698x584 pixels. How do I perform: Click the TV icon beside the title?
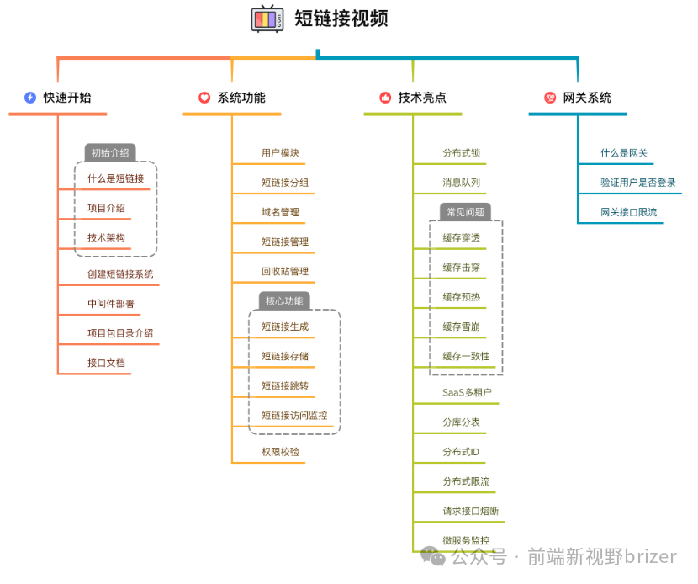[267, 19]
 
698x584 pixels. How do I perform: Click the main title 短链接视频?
[341, 19]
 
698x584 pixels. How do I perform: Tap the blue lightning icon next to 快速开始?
[30, 98]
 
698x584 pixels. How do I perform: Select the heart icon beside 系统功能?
[204, 98]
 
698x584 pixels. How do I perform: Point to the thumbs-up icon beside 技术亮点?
[385, 98]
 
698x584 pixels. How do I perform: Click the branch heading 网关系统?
[587, 98]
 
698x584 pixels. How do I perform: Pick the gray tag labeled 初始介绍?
[110, 153]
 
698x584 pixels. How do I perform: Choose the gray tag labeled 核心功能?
[284, 300]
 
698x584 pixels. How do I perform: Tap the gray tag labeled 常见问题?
[465, 212]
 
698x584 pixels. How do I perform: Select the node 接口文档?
[106, 363]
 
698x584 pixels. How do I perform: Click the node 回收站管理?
[285, 271]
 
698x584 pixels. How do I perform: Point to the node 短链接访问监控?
[294, 415]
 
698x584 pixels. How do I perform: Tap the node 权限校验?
[280, 452]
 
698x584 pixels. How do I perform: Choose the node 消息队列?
[462, 183]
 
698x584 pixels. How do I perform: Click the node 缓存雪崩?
[462, 327]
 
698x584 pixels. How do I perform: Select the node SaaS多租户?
[467, 392]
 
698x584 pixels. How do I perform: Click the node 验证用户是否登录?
[637, 183]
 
